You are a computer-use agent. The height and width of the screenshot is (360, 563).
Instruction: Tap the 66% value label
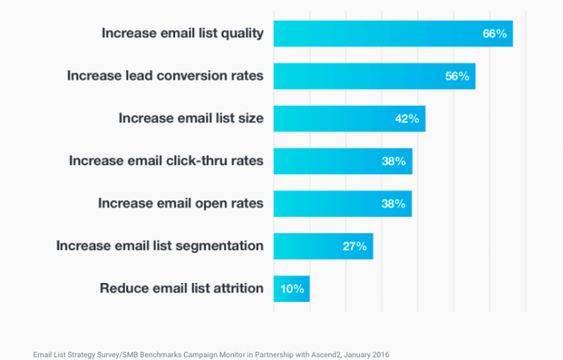494,34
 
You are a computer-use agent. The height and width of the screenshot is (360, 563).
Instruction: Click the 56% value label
457,76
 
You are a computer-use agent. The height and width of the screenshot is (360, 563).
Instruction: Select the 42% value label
407,119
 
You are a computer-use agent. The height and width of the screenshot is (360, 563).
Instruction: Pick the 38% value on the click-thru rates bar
394,161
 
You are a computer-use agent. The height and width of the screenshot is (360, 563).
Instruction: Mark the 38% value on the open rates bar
394,204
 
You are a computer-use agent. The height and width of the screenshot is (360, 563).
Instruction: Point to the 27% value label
355,246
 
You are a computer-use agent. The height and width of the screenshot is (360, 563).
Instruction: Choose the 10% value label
292,289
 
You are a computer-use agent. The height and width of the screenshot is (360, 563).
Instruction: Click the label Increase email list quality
182,34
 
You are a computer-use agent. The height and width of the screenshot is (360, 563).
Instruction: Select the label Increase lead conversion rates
165,76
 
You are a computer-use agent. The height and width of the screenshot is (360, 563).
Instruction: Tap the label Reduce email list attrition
181,288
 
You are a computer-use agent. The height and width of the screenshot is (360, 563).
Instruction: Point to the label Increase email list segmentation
160,246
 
